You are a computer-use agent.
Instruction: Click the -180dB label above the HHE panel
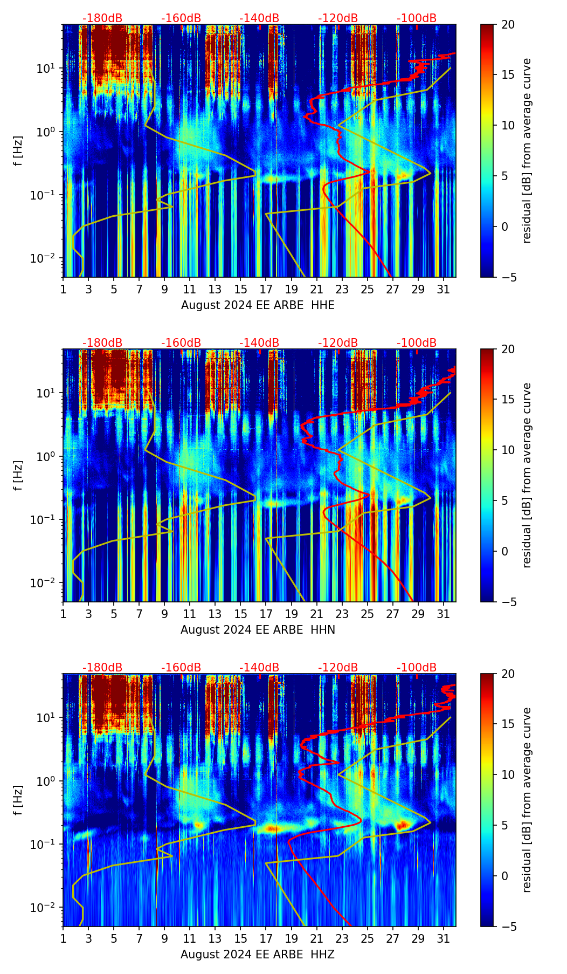(x=102, y=18)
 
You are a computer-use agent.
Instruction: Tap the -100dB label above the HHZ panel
(x=417, y=668)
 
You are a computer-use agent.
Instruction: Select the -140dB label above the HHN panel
(x=259, y=343)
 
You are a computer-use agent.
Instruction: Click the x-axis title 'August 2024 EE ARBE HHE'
(x=258, y=305)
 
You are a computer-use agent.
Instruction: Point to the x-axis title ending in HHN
(x=258, y=630)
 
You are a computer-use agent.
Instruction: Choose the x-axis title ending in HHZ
(x=258, y=955)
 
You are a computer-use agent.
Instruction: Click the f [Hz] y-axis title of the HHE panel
(x=18, y=151)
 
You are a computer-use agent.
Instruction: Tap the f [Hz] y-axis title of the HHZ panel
(x=18, y=800)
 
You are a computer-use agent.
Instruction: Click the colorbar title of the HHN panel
(x=527, y=475)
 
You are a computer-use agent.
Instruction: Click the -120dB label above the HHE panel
(x=338, y=18)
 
